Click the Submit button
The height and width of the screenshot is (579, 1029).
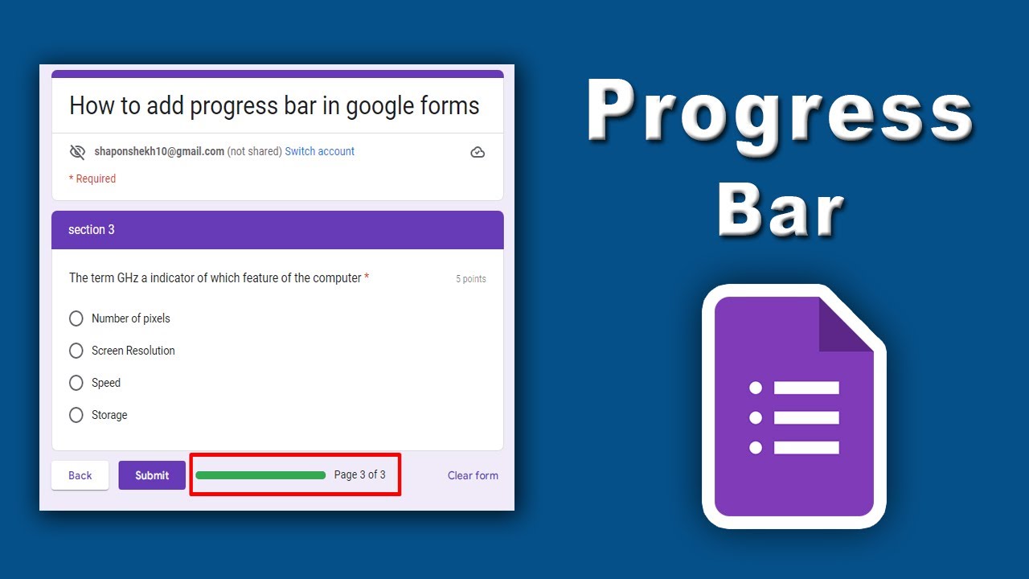(x=152, y=475)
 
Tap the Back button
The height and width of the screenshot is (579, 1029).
(x=80, y=475)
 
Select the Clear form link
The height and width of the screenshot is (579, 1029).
(x=473, y=475)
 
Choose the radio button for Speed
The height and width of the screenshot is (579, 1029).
(x=76, y=383)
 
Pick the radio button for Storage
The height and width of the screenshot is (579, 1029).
(x=76, y=415)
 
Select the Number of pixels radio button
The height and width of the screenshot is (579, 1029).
(x=76, y=318)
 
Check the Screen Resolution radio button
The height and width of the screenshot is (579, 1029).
(x=76, y=351)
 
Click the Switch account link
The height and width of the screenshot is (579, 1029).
(x=319, y=151)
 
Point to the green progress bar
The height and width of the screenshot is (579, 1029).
(x=260, y=475)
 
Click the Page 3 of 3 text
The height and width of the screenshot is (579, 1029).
(x=359, y=474)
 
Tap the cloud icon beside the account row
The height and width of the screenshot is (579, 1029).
(x=478, y=152)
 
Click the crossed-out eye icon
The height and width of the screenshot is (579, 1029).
(x=77, y=152)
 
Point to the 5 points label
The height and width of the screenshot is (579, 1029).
(x=471, y=279)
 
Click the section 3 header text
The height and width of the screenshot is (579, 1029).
(x=92, y=230)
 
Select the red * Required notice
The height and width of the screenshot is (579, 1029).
(x=92, y=179)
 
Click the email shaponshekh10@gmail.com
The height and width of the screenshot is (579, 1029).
(x=159, y=151)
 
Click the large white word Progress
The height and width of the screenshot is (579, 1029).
(x=780, y=113)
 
